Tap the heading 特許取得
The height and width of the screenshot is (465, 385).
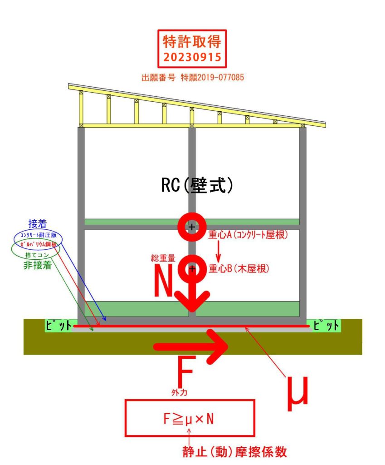192,42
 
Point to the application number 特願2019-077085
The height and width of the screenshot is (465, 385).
217,78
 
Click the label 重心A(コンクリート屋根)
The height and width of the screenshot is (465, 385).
249,237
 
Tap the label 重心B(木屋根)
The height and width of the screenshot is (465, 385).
239,269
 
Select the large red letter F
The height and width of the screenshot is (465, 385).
185,372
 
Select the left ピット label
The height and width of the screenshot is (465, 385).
58,326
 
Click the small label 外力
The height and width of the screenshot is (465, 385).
177,391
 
